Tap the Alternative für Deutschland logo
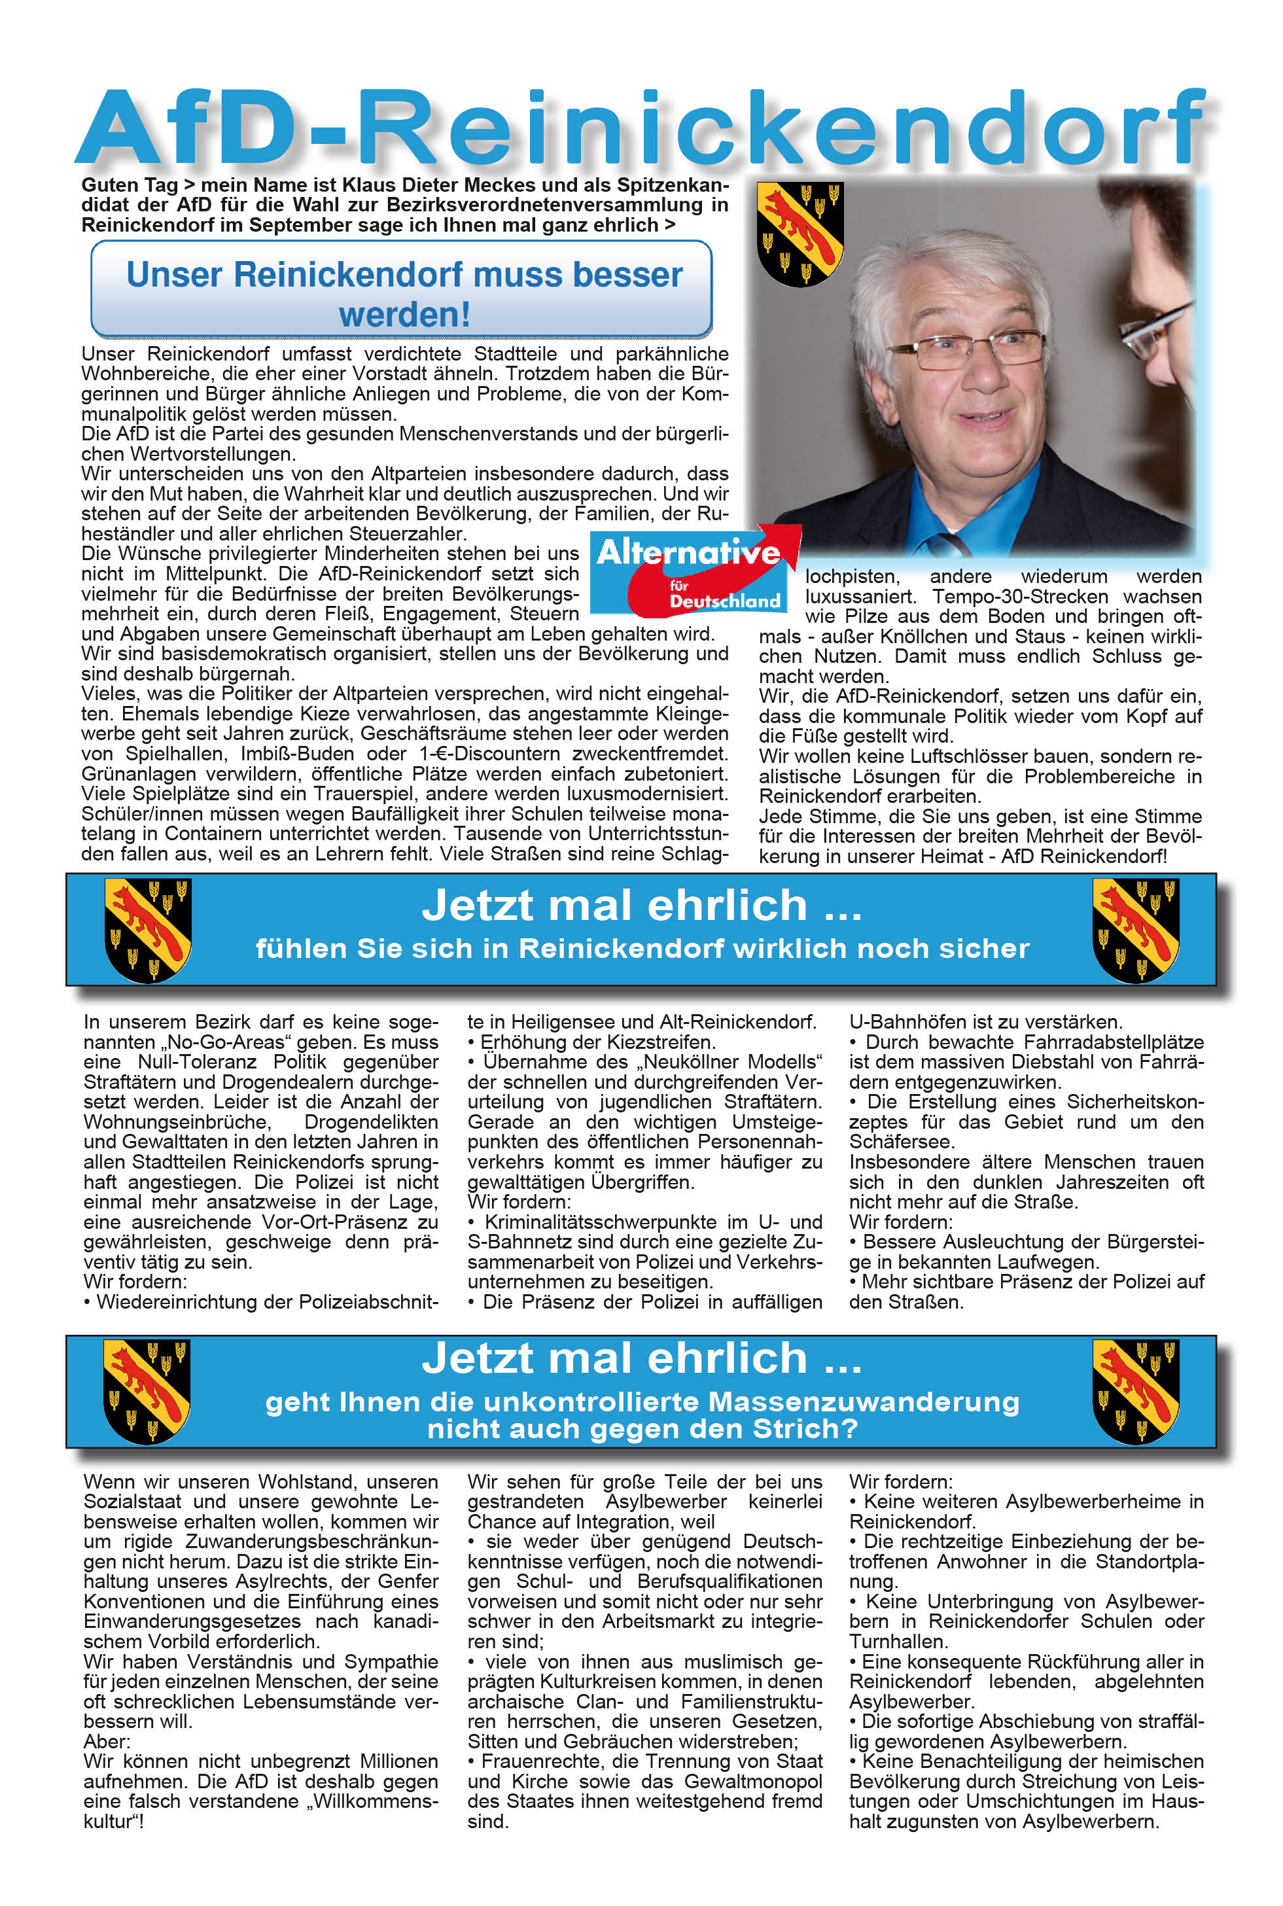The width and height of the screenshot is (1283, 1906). [692, 573]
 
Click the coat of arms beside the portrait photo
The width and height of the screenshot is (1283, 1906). [800, 234]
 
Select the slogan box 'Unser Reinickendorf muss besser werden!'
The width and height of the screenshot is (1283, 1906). [402, 290]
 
